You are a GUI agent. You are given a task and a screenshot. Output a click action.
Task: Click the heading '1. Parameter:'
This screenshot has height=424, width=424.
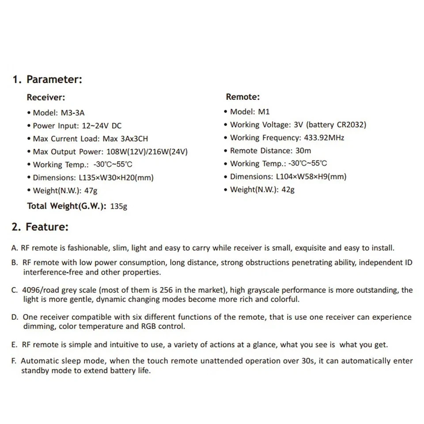47,79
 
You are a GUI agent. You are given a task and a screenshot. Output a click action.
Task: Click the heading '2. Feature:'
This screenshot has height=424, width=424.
40,227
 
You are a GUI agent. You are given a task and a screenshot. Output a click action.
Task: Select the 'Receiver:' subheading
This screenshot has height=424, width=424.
46,98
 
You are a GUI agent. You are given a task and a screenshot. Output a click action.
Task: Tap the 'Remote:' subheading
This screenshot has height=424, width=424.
242,97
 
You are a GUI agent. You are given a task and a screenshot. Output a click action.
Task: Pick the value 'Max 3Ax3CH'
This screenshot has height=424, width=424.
125,139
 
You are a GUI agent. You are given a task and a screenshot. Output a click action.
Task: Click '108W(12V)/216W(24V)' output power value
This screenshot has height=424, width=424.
147,151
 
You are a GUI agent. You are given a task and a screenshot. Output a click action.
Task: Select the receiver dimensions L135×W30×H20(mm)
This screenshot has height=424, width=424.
116,178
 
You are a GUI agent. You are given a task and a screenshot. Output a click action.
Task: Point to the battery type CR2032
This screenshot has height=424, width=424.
350,125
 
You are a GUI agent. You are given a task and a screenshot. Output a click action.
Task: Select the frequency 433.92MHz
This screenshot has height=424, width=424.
324,137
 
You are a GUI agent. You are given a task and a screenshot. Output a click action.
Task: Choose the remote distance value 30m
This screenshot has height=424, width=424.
303,151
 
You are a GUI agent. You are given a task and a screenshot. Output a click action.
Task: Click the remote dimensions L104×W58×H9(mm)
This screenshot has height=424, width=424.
311,177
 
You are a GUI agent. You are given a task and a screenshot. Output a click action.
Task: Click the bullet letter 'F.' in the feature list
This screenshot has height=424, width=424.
15,361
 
